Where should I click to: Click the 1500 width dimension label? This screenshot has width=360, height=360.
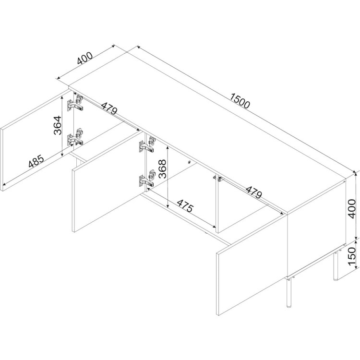[x=240, y=101]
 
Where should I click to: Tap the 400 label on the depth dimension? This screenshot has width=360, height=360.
[x=85, y=58]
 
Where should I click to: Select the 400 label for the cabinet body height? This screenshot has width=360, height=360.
[x=351, y=209]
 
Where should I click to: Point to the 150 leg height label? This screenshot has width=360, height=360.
[x=351, y=256]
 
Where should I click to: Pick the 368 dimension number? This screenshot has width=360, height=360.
[x=162, y=169]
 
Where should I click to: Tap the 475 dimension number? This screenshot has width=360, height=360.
[x=185, y=206]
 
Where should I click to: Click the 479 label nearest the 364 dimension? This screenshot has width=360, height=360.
[x=109, y=108]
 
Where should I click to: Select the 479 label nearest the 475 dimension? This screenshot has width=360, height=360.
[x=253, y=192]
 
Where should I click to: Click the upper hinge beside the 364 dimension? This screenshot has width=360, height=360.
[x=75, y=103]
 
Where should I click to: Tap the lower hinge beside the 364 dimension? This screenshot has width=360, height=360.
[x=75, y=138]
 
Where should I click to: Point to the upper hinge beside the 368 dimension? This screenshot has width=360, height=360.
[x=147, y=145]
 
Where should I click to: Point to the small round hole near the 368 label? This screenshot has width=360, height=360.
[x=189, y=162]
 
